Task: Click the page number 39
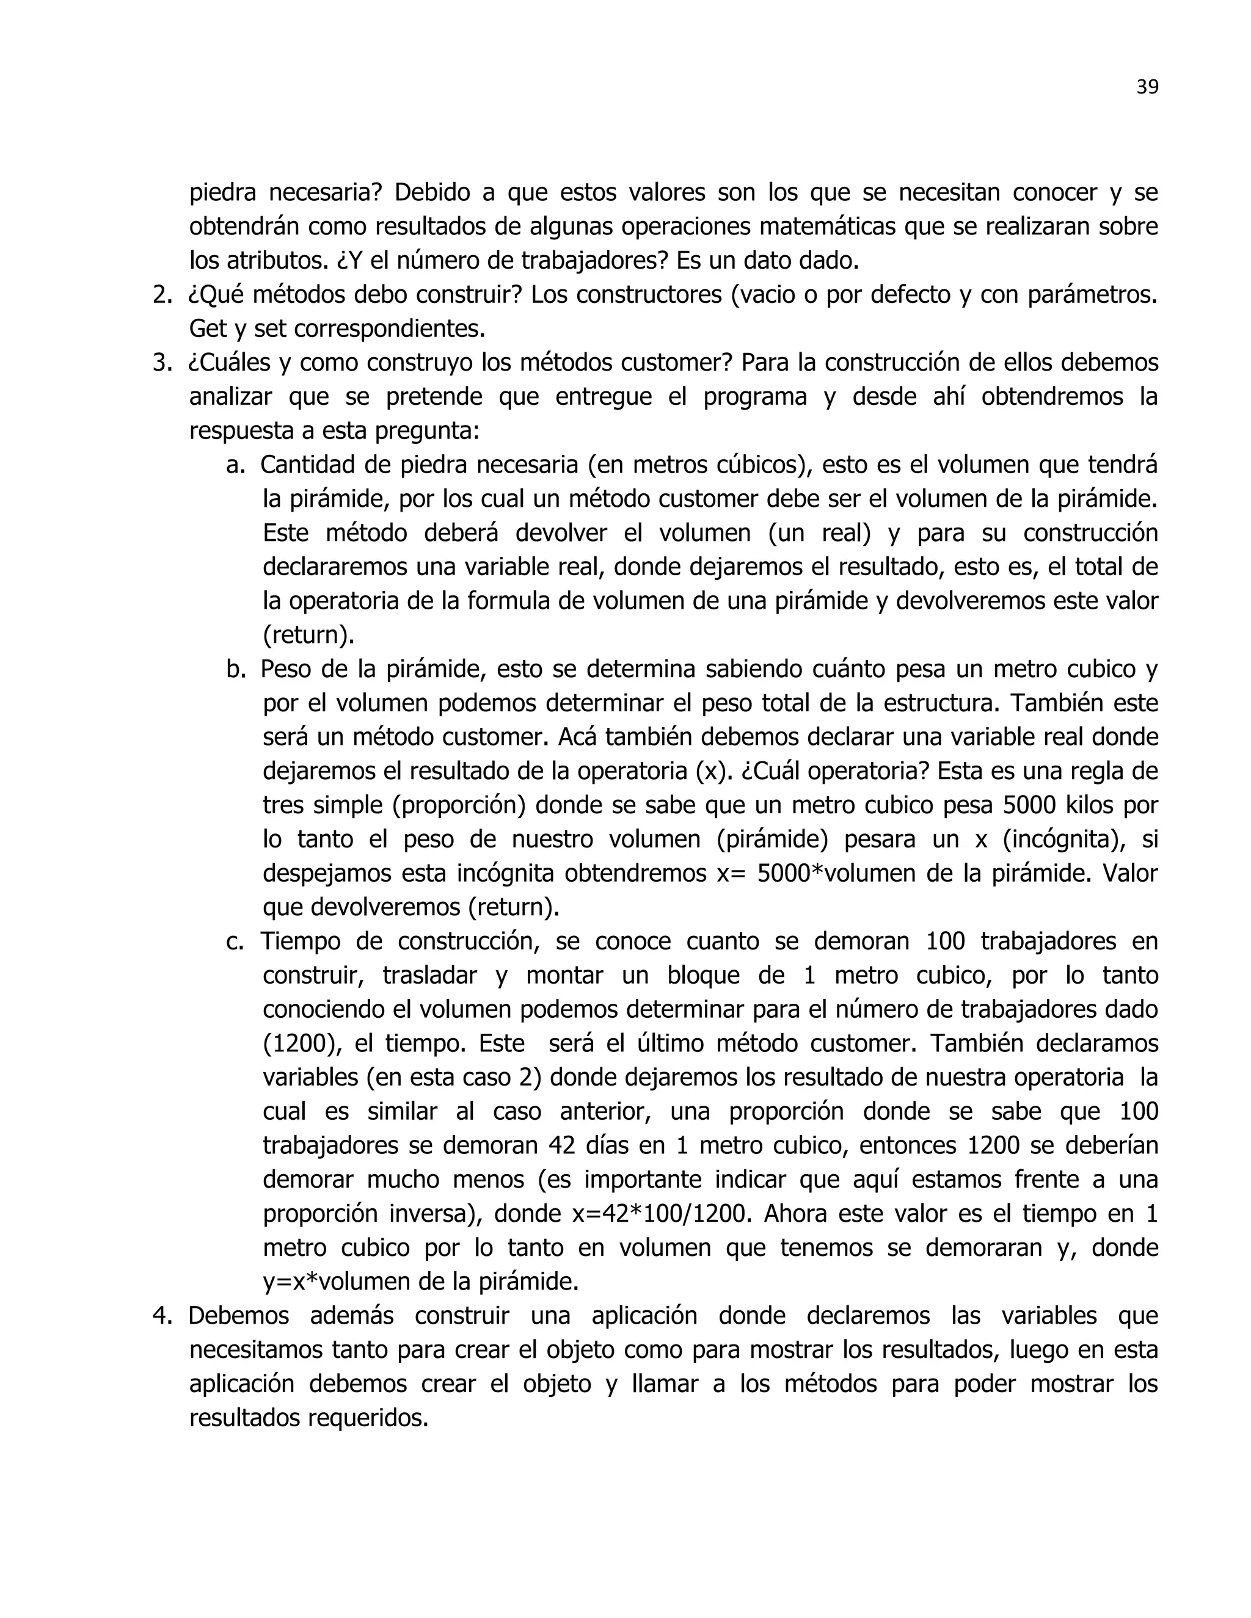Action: point(1147,87)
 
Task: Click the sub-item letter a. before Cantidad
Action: point(236,465)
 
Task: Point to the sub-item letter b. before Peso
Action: point(236,669)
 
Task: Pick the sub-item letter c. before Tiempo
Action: point(235,941)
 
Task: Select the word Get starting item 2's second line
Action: point(210,329)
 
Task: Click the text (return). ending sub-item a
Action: point(308,636)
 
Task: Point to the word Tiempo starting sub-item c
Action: point(299,941)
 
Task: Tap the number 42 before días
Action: point(563,1146)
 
